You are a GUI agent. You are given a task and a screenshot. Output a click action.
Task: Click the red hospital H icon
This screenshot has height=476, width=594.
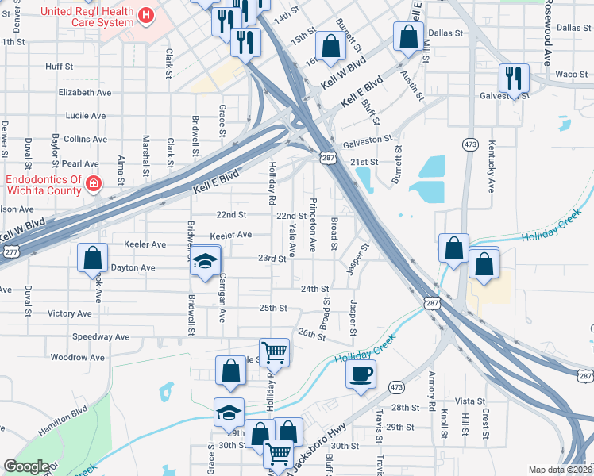tap(145, 15)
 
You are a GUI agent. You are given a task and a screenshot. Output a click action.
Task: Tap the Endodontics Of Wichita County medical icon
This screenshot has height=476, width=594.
tap(94, 185)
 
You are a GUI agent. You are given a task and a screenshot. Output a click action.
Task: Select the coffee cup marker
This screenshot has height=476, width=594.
tap(361, 374)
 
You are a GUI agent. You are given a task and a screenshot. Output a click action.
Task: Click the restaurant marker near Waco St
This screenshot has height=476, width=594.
tap(513, 79)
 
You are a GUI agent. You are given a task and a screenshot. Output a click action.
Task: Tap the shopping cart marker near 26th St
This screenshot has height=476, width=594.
tap(273, 351)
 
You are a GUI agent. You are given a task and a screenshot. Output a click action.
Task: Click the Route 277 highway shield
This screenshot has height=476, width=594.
tap(10, 251)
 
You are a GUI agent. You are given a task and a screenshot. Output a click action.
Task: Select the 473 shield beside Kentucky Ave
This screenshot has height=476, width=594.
tap(470, 144)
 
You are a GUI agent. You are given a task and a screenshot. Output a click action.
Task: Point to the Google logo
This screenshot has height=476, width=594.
tap(26, 466)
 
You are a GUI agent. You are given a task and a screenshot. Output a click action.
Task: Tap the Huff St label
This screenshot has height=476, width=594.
tap(60, 67)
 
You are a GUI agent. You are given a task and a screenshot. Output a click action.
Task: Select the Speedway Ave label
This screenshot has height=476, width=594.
tap(100, 337)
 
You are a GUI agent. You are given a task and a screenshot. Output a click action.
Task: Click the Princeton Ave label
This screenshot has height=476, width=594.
tap(313, 225)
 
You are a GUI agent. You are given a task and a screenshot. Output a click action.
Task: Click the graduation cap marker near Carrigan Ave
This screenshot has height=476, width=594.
tap(205, 263)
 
